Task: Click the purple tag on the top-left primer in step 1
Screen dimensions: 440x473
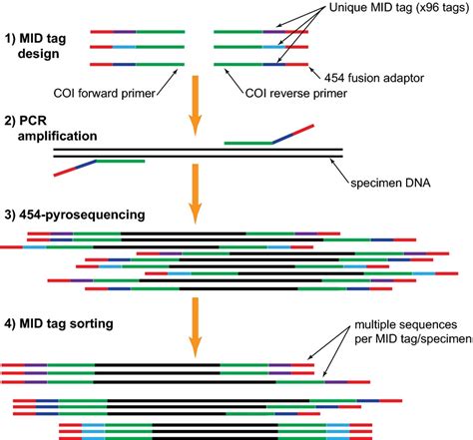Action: coord(126,31)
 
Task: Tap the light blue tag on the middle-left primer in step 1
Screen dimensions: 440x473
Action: coord(124,47)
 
